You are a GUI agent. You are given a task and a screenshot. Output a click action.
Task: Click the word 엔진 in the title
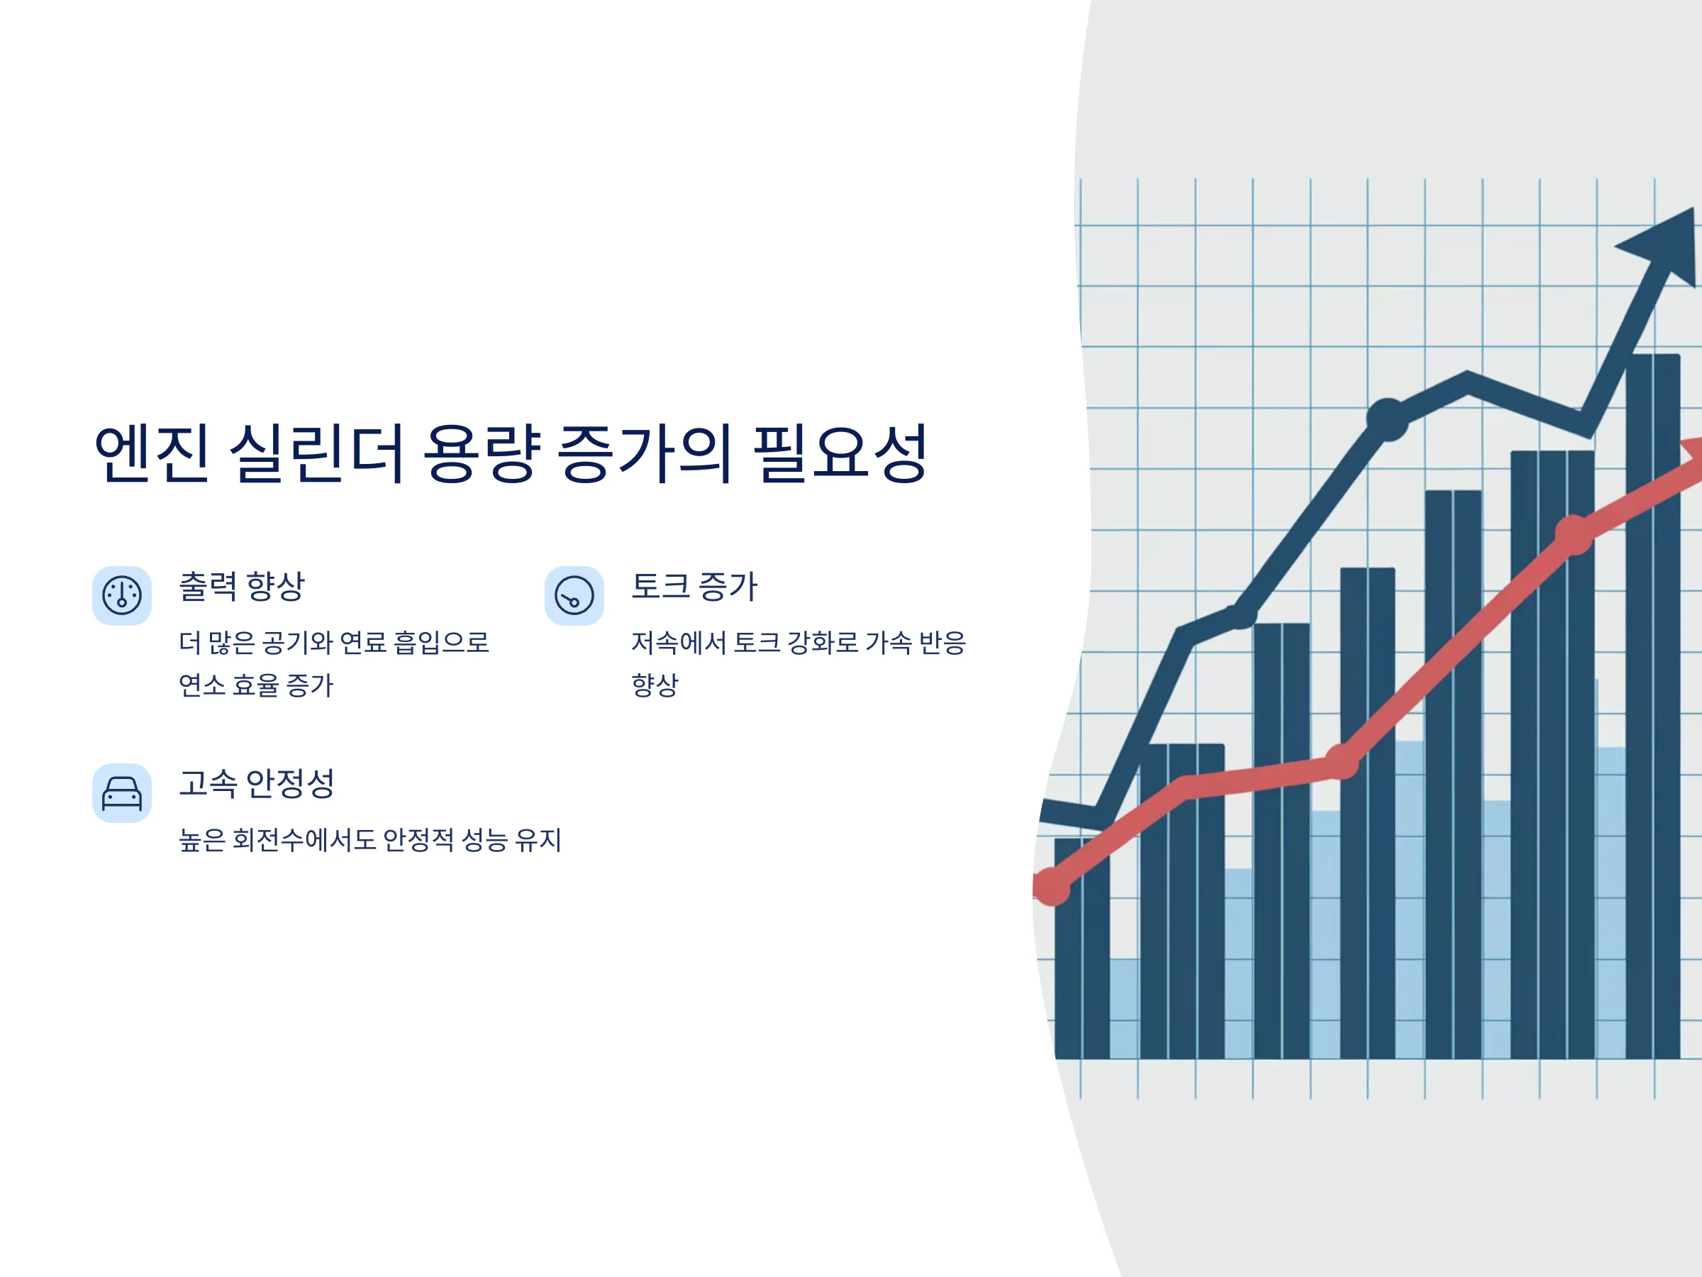152,453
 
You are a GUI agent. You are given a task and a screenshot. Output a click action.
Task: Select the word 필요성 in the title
840,453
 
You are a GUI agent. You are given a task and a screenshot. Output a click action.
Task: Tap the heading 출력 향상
242,587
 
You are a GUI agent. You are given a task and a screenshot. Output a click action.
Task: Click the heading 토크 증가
694,587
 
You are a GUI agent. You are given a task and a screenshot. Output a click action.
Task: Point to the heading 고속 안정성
257,784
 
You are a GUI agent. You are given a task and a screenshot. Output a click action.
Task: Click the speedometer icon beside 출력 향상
121,596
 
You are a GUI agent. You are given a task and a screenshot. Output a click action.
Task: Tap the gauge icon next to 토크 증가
574,596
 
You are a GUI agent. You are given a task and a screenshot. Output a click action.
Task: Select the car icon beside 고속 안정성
121,793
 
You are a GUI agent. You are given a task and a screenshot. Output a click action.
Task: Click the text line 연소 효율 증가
256,685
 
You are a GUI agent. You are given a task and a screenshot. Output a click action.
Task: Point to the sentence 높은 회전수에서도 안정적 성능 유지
370,839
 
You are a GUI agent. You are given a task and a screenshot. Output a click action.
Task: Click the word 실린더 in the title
317,453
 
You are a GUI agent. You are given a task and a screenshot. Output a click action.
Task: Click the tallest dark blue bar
1653,706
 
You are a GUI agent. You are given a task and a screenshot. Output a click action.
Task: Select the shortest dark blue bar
1081,949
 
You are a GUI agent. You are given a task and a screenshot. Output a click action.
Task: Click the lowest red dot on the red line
1051,887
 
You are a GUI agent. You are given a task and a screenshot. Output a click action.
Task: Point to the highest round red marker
1574,535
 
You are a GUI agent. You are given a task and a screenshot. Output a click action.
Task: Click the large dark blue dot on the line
1387,419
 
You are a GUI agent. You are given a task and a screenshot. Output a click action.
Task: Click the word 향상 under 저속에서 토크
655,685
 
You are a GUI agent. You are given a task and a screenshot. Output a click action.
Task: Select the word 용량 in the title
482,453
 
